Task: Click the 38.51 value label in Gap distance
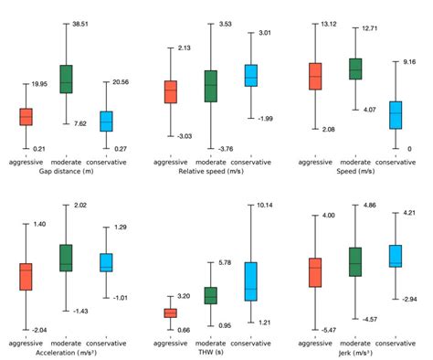(84, 26)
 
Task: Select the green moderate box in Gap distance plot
(66, 79)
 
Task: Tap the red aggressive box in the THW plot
(170, 312)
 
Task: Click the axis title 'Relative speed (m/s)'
(212, 171)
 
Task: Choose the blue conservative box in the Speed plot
(395, 114)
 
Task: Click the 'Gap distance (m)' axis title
(66, 171)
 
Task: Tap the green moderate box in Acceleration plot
(66, 258)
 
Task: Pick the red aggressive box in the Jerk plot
(315, 272)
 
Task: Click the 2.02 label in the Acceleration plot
(81, 206)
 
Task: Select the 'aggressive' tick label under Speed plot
(315, 162)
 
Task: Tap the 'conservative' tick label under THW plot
(250, 343)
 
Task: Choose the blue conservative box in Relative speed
(251, 76)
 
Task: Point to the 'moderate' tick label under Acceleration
(66, 343)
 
